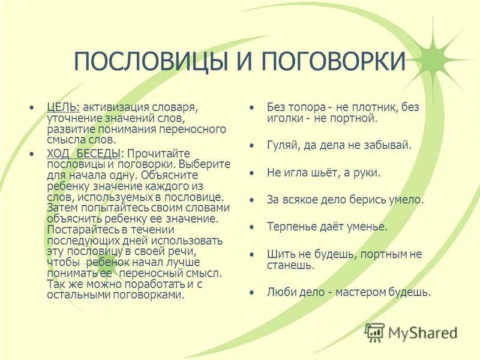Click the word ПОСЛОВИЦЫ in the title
click(x=148, y=62)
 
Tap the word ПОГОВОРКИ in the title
click(x=324, y=62)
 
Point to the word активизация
click(x=111, y=107)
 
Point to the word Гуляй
click(x=281, y=145)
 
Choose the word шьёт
click(x=325, y=172)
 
